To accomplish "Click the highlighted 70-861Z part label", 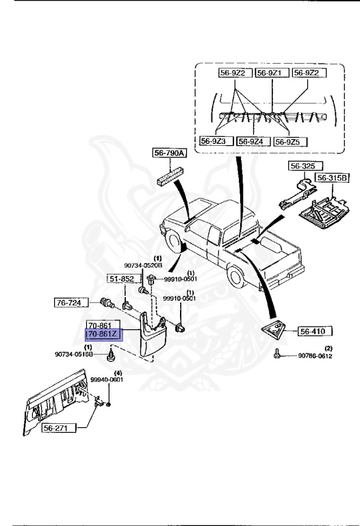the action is click(105, 334).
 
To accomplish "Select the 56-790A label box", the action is click(170, 153).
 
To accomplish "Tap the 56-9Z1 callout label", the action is click(272, 73).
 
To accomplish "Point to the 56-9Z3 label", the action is click(216, 141).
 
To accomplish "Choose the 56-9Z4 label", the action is click(253, 141).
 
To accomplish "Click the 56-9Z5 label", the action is click(290, 142).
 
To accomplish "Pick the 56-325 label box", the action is click(305, 166).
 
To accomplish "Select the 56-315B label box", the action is click(331, 177).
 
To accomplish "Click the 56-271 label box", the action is click(60, 427).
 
